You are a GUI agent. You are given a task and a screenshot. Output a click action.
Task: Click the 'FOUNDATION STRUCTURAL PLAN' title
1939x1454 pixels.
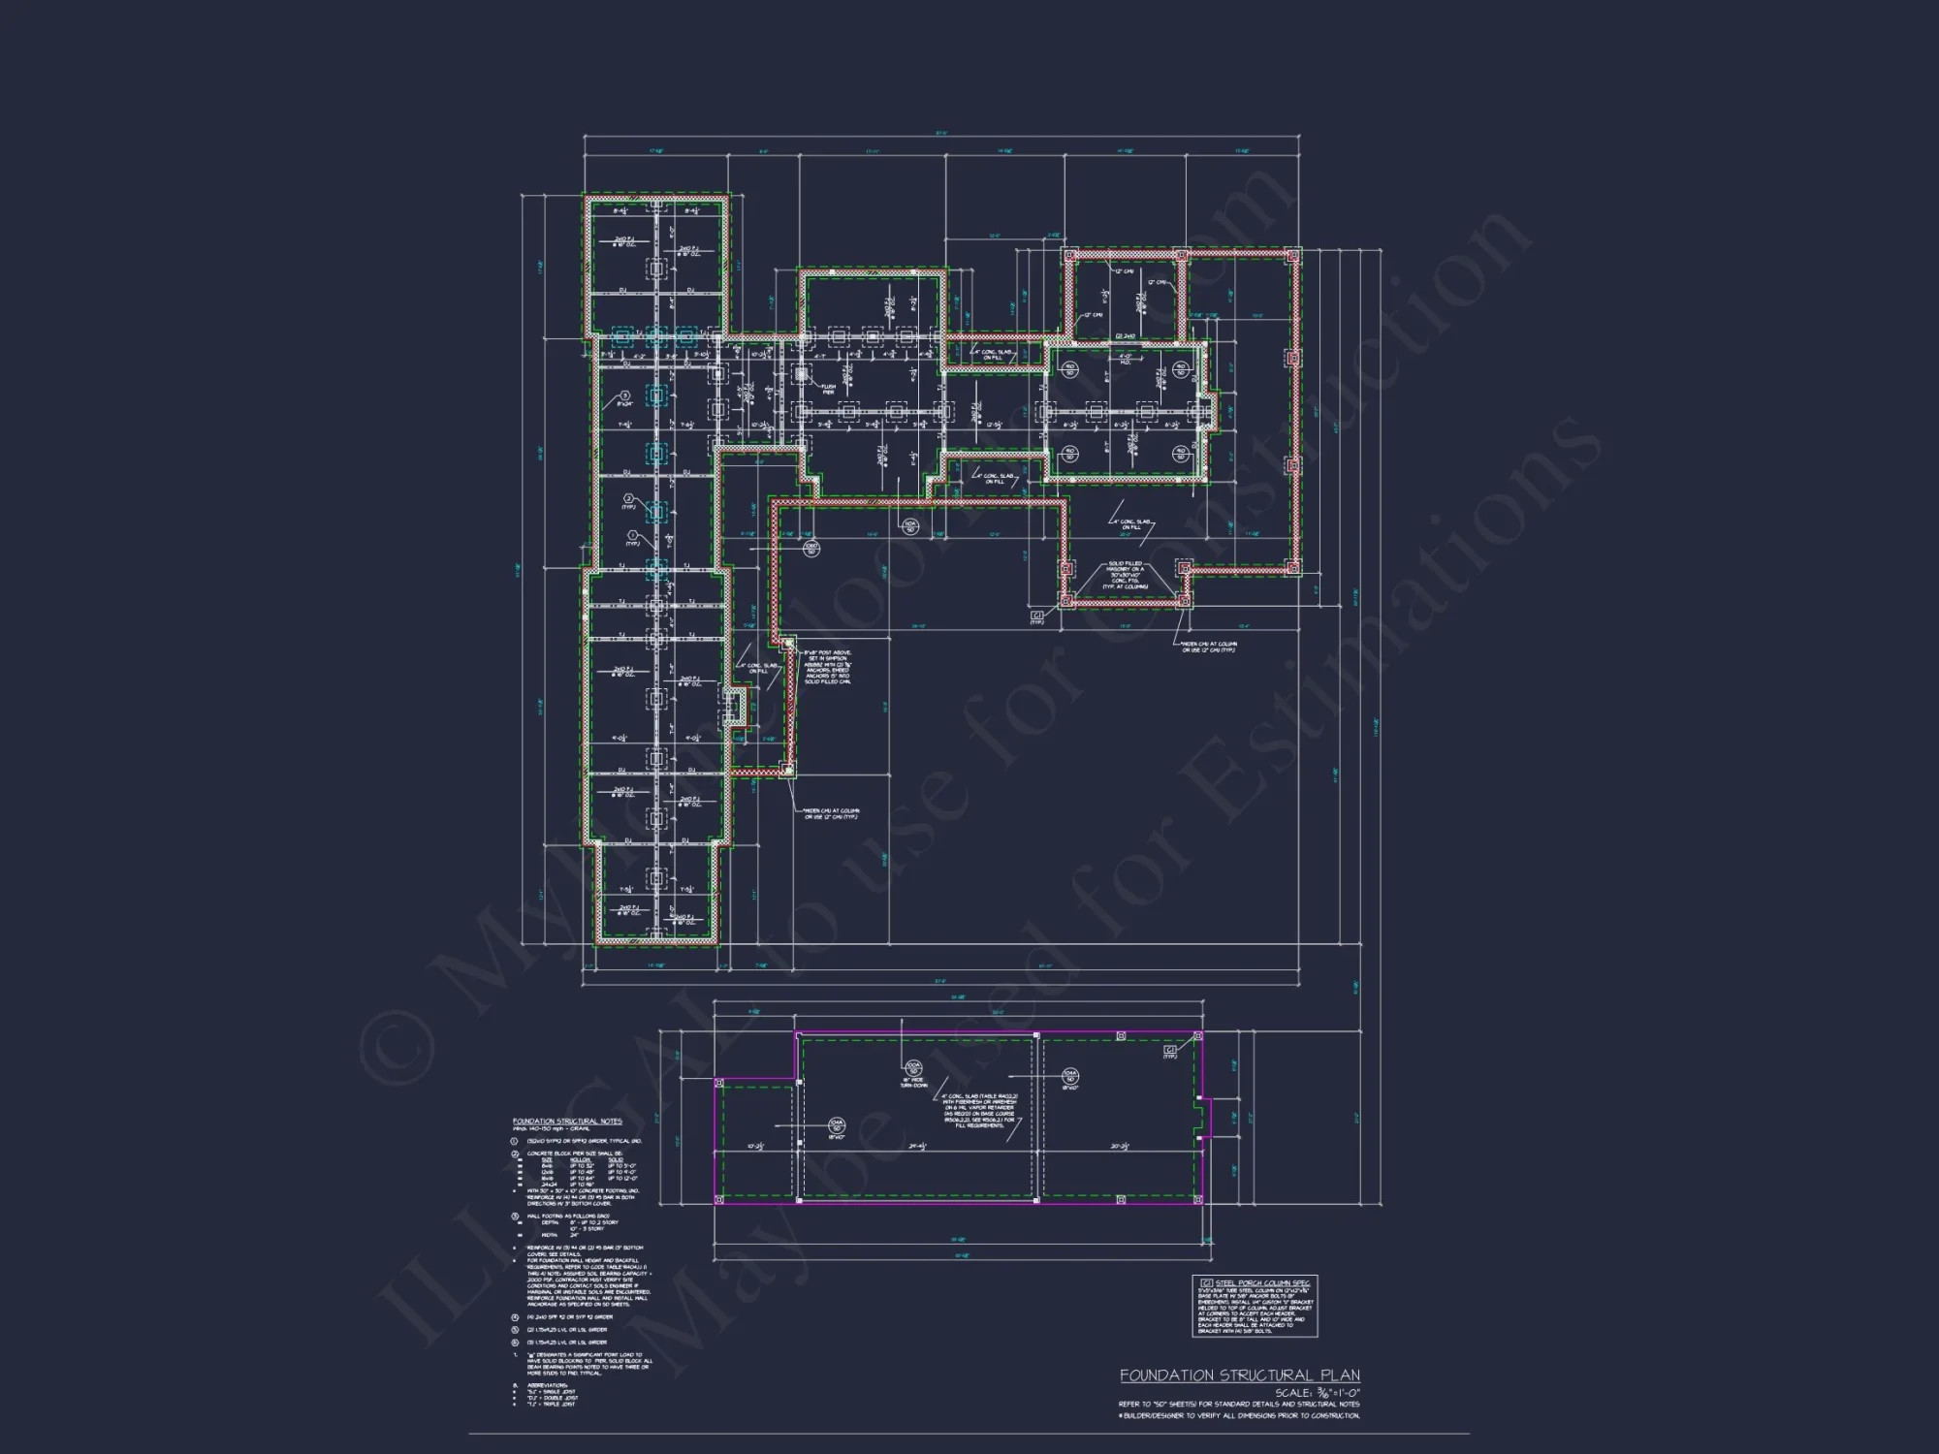pos(1239,1375)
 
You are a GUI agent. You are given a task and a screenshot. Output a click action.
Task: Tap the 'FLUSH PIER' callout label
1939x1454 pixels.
pos(827,389)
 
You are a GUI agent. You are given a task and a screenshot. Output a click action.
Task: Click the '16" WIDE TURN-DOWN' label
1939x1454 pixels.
pos(913,1083)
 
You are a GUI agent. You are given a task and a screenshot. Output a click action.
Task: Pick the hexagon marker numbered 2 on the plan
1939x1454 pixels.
pos(628,498)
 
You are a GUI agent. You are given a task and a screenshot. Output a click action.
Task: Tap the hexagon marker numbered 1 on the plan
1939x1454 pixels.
pos(633,535)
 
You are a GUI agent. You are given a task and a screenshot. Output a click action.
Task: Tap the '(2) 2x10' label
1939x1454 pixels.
pos(1126,336)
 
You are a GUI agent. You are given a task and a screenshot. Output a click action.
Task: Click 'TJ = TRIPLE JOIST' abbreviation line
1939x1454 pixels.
pos(548,1405)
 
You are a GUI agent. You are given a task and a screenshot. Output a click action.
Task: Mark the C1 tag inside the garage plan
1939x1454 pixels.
pos(1170,1051)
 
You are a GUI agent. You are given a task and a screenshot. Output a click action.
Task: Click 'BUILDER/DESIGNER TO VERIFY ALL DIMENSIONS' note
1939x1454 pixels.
pos(1238,1416)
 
